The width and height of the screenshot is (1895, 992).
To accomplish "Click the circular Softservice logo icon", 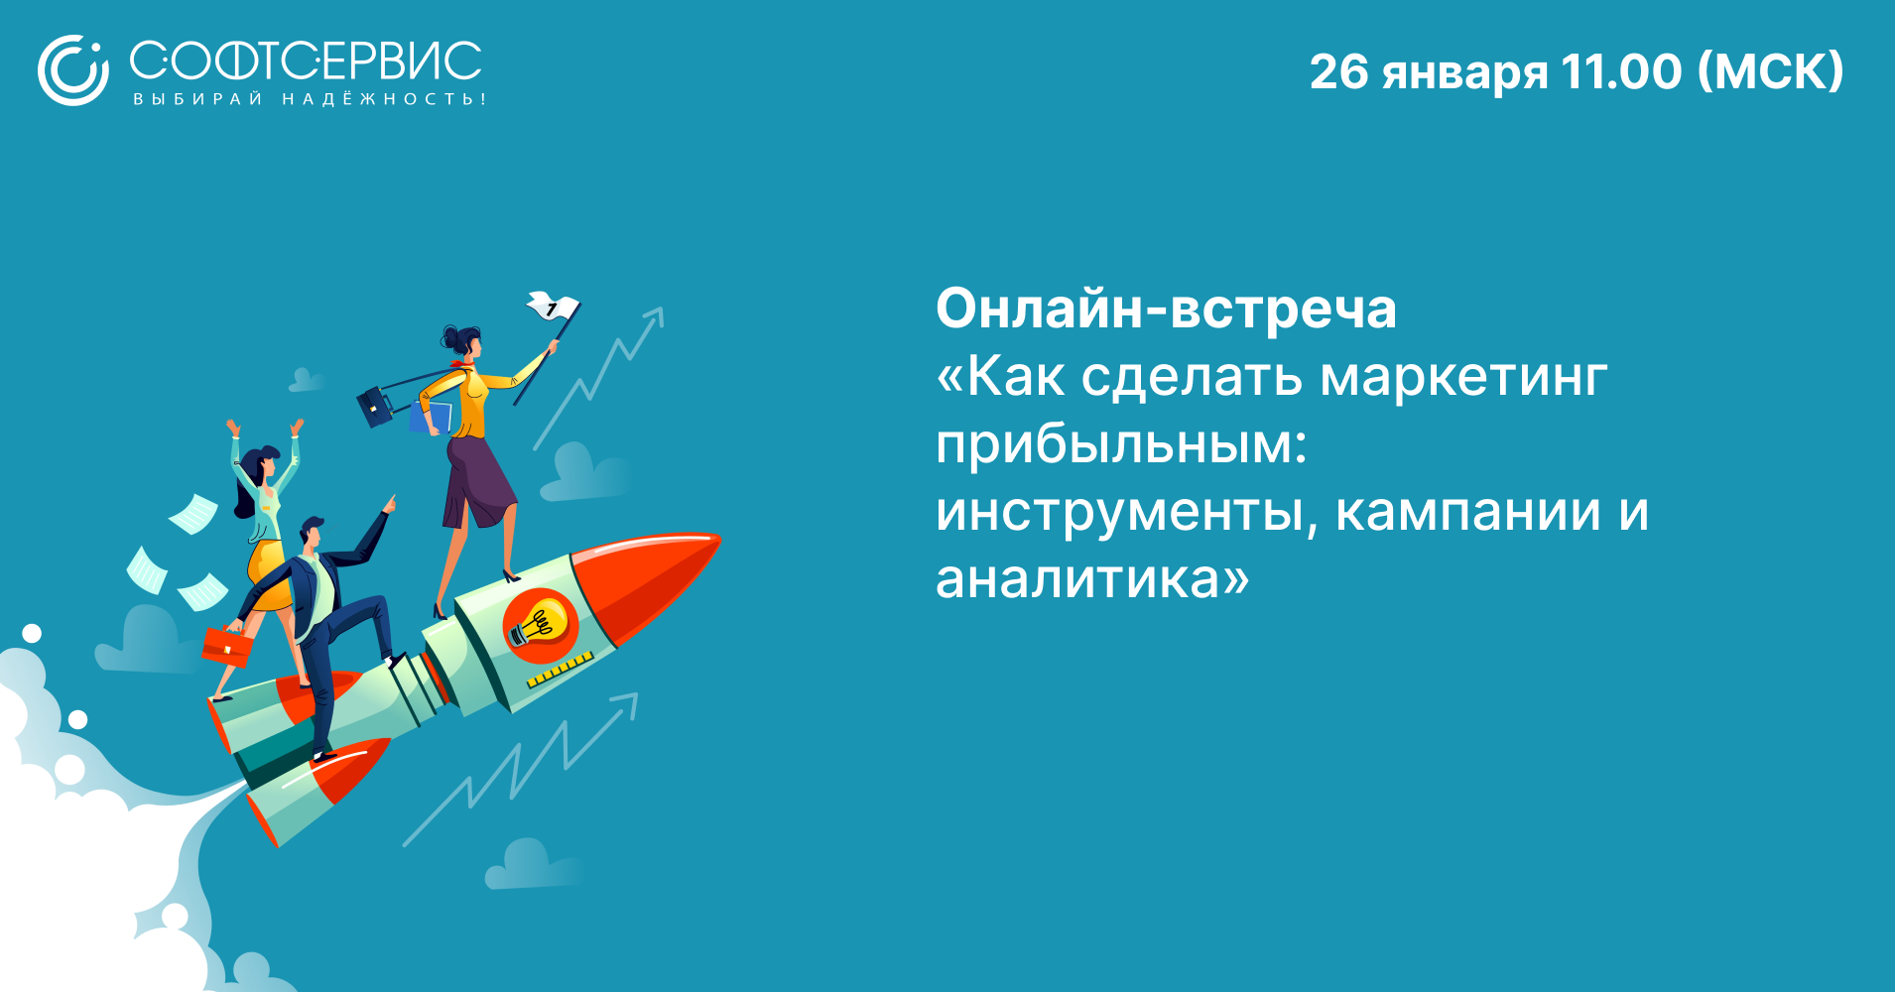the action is click(72, 70).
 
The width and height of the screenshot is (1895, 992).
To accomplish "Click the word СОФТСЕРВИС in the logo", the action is click(306, 62).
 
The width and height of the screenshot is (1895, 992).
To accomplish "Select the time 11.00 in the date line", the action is click(1621, 71).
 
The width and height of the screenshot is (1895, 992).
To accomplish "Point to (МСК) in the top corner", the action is click(1770, 71).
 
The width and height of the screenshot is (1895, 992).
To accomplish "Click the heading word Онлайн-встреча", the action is click(1166, 309).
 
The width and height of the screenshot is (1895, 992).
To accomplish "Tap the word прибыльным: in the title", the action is click(1121, 444).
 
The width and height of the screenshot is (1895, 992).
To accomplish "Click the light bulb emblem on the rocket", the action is click(541, 625).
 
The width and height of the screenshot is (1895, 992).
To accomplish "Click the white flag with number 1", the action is click(553, 307).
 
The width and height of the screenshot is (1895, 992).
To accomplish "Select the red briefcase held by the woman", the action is click(227, 647).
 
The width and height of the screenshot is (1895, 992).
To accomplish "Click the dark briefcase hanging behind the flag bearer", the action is click(375, 407).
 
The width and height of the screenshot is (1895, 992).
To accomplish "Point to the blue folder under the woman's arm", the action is click(433, 418).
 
